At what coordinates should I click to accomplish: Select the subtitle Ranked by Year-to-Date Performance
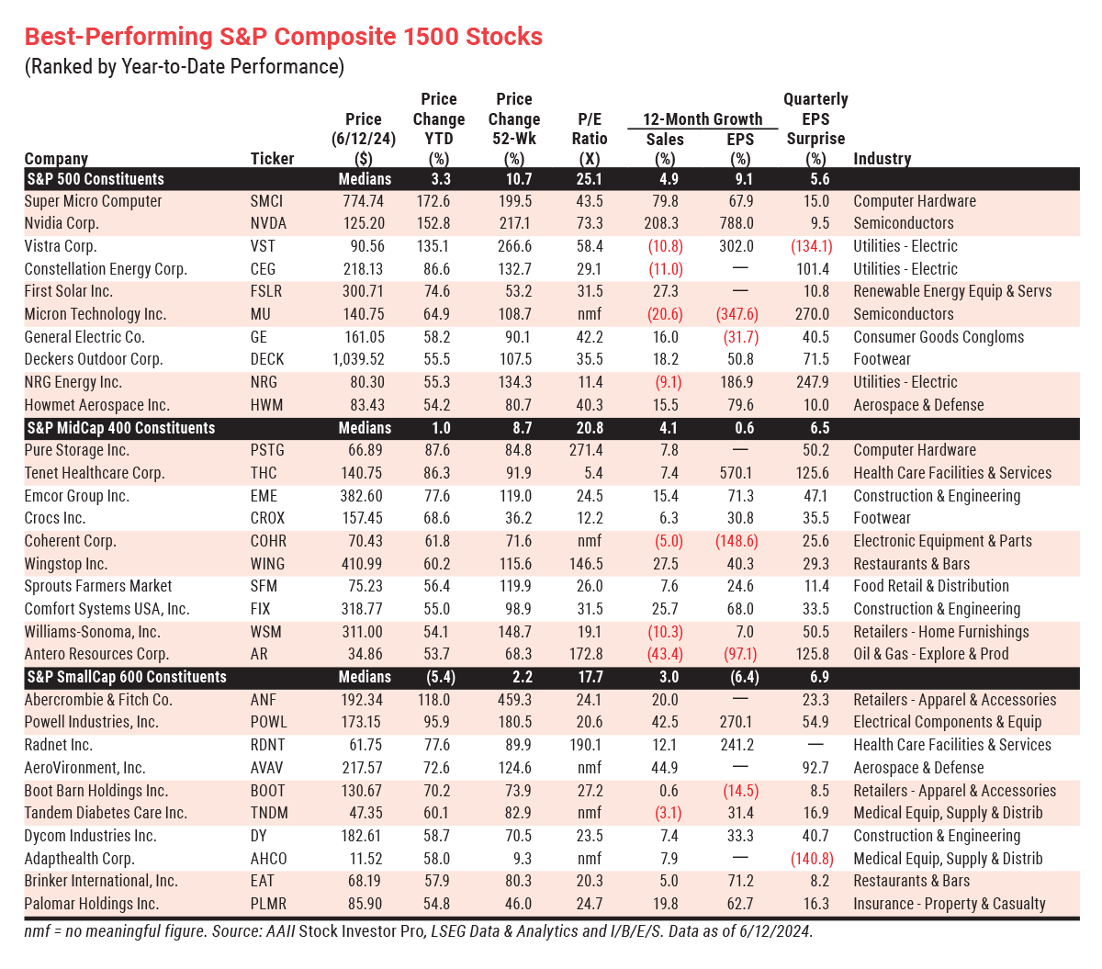click(x=184, y=67)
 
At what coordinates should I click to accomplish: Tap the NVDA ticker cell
click(x=268, y=223)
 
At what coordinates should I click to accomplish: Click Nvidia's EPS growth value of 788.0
click(x=737, y=223)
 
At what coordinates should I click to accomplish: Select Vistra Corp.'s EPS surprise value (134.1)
click(x=811, y=246)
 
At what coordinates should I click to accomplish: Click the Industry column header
click(x=882, y=159)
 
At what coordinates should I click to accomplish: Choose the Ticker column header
click(x=272, y=159)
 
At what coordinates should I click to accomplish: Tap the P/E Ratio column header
click(x=590, y=129)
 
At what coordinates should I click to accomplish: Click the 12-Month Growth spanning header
click(x=703, y=119)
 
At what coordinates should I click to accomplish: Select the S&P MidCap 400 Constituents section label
click(x=120, y=428)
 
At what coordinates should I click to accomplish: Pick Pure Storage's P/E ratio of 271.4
click(x=586, y=450)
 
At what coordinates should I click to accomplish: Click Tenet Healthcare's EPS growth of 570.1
click(x=737, y=473)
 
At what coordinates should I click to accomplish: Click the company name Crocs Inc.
click(x=62, y=518)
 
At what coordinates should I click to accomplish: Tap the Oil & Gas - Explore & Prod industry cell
click(x=930, y=654)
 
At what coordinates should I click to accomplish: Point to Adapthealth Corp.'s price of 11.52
click(x=365, y=859)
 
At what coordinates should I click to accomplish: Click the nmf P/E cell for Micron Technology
click(x=589, y=314)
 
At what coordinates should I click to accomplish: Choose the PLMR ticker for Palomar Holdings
click(x=268, y=904)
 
